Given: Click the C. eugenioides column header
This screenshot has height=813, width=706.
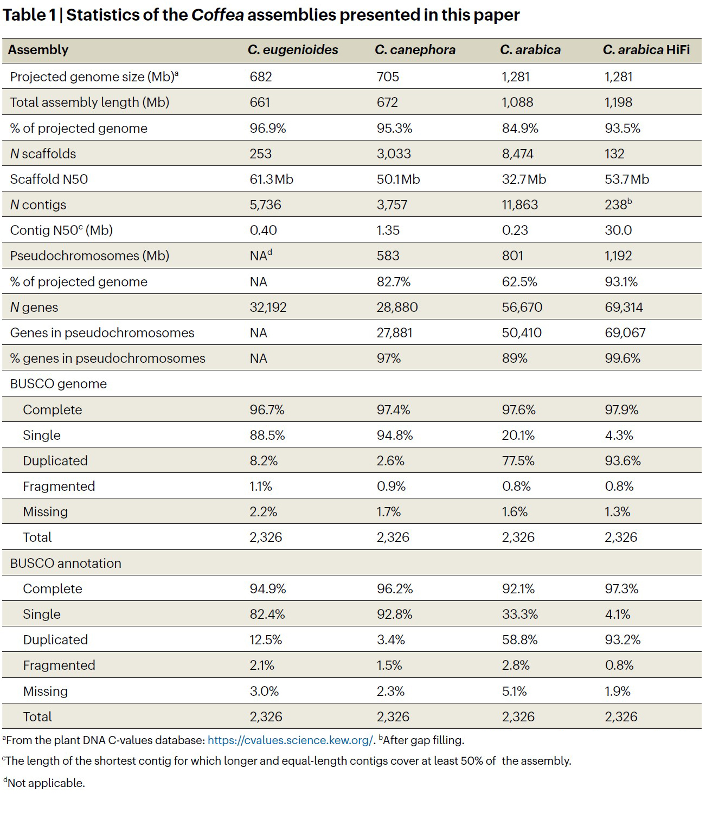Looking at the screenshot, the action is [x=293, y=50].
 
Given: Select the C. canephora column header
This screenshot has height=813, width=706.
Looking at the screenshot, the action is [x=415, y=50].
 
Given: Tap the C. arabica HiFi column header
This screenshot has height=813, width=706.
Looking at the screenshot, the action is [x=646, y=50].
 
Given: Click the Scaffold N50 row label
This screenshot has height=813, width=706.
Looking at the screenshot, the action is [x=49, y=179].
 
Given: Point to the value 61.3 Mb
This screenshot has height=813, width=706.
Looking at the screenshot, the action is [x=271, y=179].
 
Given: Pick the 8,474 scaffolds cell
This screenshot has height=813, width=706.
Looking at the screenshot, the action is [x=517, y=154].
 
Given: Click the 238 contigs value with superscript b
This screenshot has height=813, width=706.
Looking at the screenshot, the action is [x=618, y=204].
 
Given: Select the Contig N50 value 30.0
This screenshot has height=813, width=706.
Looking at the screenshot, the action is [x=618, y=230].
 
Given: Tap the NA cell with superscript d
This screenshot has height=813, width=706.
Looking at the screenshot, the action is [x=261, y=255].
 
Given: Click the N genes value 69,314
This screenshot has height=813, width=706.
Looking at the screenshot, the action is [x=624, y=307].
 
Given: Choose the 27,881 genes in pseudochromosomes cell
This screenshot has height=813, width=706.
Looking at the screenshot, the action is [x=395, y=332].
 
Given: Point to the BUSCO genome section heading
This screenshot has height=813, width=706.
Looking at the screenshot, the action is [x=59, y=384].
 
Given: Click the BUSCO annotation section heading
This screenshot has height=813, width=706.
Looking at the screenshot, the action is [x=66, y=563].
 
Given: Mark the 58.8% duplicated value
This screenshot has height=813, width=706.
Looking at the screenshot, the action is [x=519, y=639].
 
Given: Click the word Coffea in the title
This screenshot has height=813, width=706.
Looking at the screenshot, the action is [x=217, y=15].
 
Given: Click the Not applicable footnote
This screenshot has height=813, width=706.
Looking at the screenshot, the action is [x=44, y=783].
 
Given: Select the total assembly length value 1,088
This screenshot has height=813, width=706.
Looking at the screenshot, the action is [x=517, y=102].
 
